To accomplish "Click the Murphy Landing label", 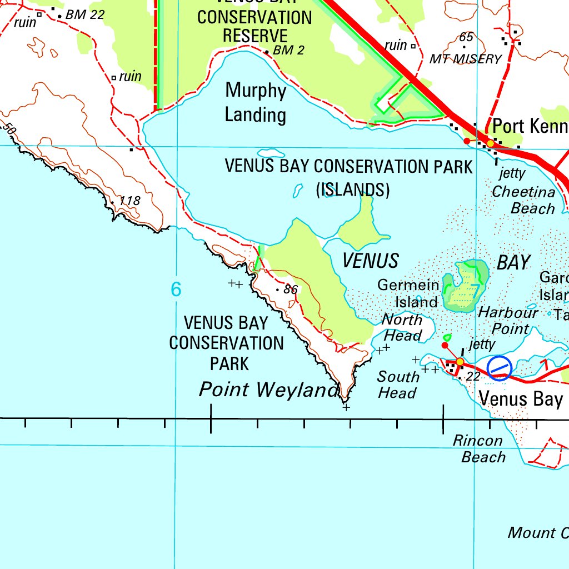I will click(x=256, y=103).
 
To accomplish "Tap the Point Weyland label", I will click(x=268, y=390).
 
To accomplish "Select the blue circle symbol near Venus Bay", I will click(x=500, y=367).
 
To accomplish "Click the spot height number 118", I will click(x=129, y=201).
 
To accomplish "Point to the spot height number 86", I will click(x=291, y=290).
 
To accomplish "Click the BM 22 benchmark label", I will click(x=84, y=15).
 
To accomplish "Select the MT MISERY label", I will click(x=466, y=59).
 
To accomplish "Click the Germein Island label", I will click(x=409, y=293).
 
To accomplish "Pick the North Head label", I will click(x=402, y=328).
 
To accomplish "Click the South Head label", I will click(x=398, y=385).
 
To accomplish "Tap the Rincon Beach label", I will click(x=478, y=449).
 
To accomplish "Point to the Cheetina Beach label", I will click(x=524, y=200).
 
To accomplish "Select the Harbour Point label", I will click(x=507, y=320).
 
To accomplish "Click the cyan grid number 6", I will click(x=176, y=289).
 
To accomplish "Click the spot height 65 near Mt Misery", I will click(x=466, y=37).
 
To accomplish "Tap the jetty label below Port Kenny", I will click(x=512, y=173).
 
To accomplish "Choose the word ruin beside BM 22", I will click(x=24, y=22).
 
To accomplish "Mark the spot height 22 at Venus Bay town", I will click(x=473, y=377).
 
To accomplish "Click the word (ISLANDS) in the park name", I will click(x=353, y=190).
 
